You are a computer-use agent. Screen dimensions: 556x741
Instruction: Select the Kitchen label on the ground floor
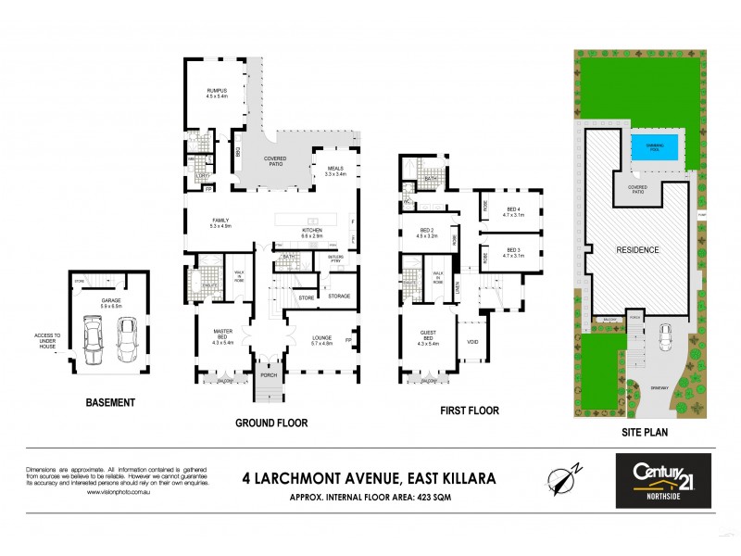pyautogui.click(x=309, y=233)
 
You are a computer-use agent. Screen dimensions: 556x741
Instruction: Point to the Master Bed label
pyautogui.click(x=223, y=338)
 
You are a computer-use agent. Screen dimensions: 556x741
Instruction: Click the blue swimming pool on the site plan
pyautogui.click(x=654, y=147)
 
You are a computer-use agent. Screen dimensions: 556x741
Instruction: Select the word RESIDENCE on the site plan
pyautogui.click(x=638, y=250)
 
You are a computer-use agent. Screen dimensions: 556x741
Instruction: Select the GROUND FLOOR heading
pyautogui.click(x=270, y=423)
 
